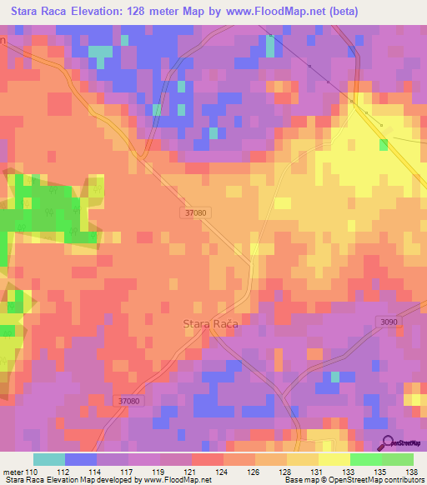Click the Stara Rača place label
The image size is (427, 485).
[210, 326]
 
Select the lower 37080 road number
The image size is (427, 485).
[129, 402]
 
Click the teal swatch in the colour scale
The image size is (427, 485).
[49, 459]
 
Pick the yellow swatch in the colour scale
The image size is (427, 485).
[334, 459]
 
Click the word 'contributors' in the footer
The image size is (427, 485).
[403, 480]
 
